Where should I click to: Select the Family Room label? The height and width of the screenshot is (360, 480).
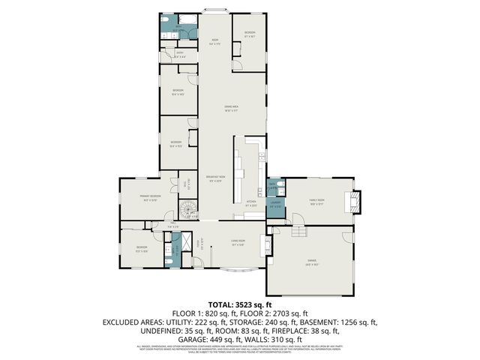(x=316, y=200)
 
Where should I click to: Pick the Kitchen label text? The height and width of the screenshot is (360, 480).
(x=251, y=202)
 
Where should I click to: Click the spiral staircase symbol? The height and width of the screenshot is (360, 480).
(x=186, y=209)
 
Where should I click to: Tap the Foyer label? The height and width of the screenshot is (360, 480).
(x=199, y=243)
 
